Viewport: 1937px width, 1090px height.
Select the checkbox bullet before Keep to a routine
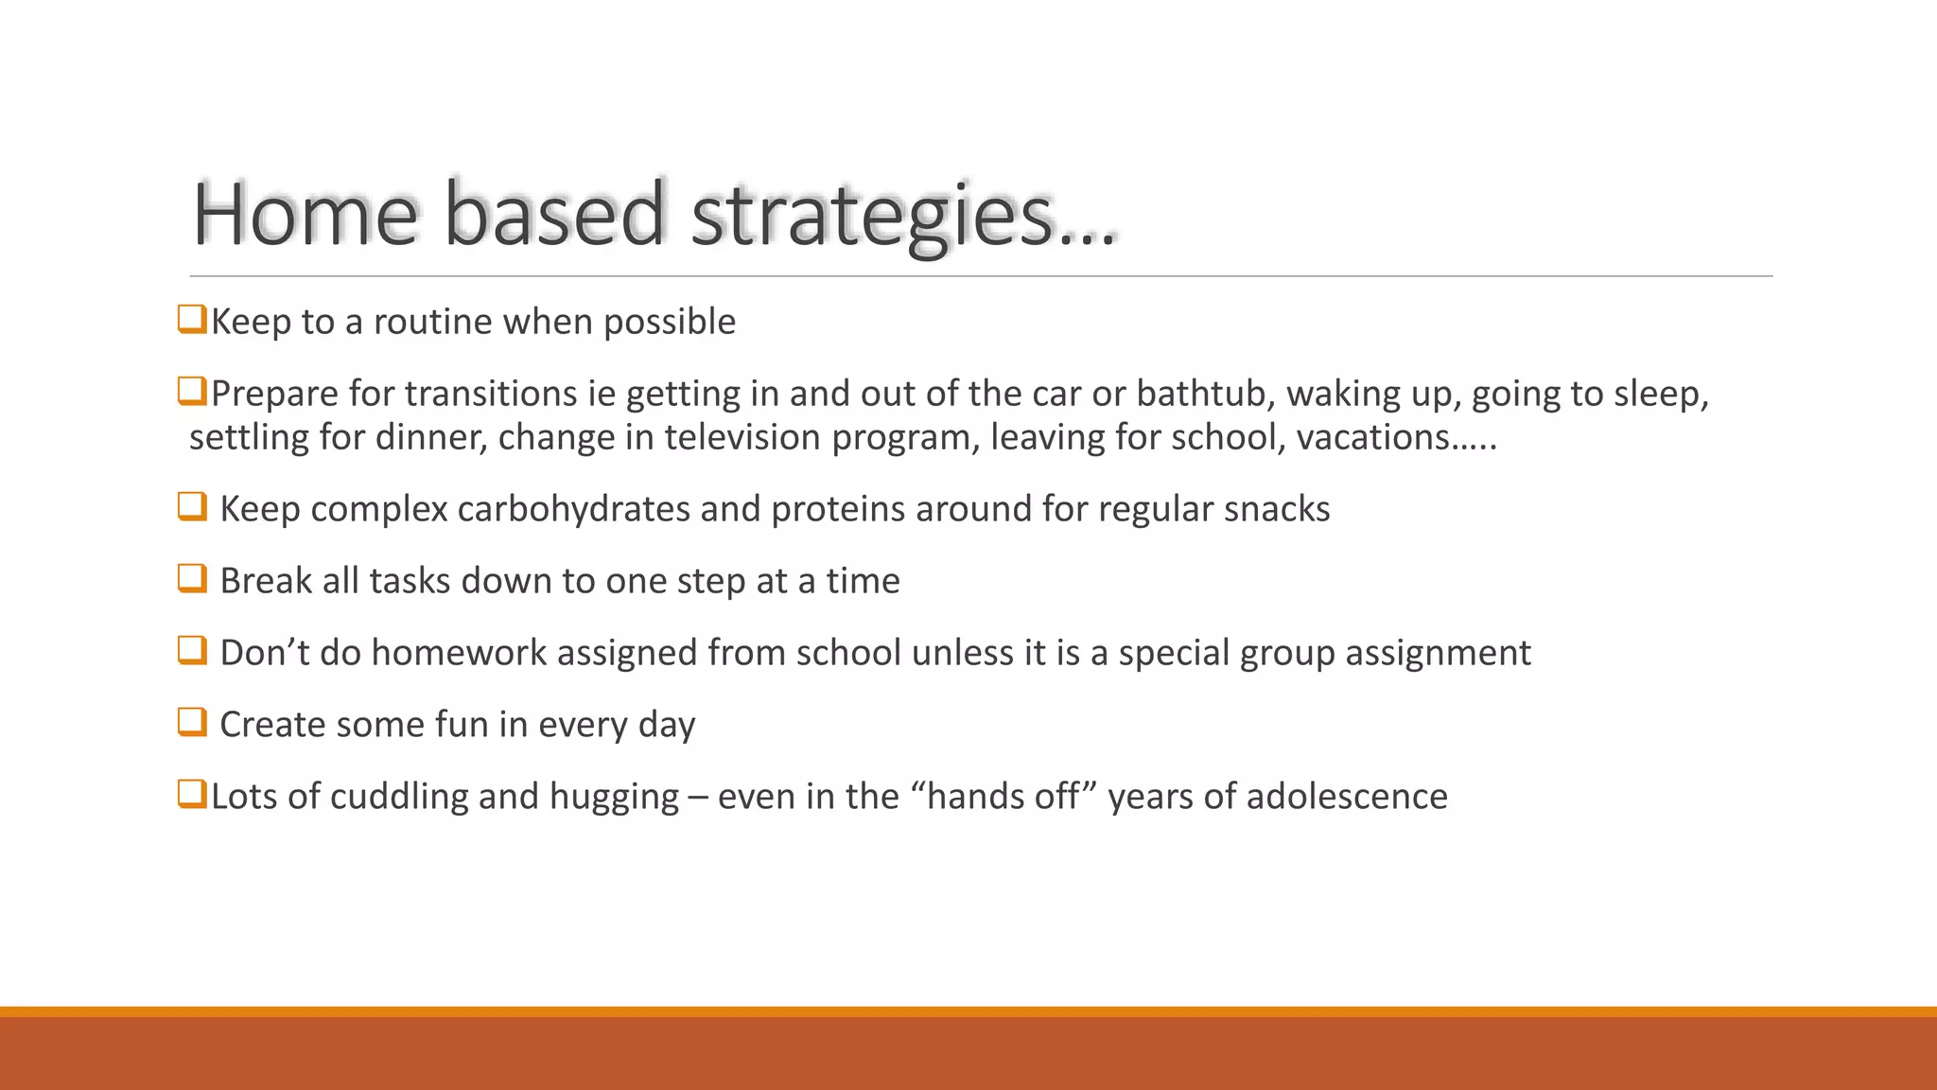pyautogui.click(x=192, y=319)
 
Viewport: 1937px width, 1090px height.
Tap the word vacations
pyautogui.click(x=1371, y=437)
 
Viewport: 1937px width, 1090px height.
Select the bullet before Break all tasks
pyautogui.click(x=192, y=578)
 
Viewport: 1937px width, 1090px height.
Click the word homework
pyautogui.click(x=459, y=653)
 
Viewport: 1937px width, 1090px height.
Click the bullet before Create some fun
pyautogui.click(x=192, y=722)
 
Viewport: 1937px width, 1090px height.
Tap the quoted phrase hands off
pyautogui.click(x=1003, y=797)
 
